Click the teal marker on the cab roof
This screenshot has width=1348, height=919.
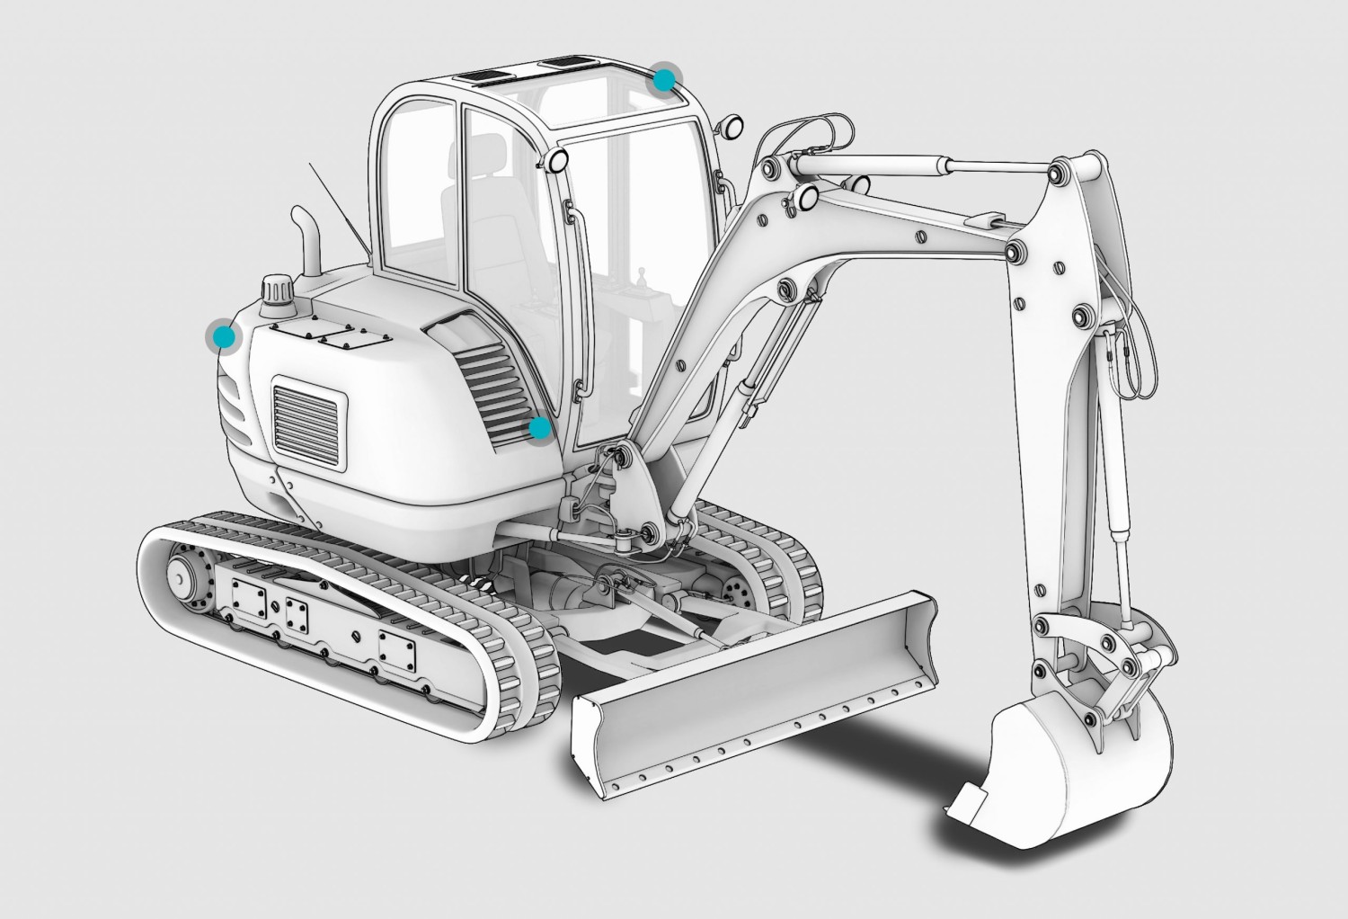pos(664,80)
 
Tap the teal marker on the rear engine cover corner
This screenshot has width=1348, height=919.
pos(223,337)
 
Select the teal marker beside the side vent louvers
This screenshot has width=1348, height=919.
pos(540,429)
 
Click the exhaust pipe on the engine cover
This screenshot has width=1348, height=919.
pos(306,243)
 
